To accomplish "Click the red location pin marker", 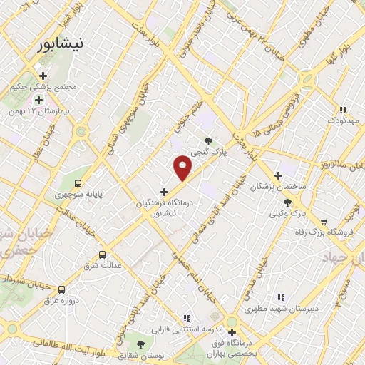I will coord(183,168).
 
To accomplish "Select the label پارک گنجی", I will coord(208,152).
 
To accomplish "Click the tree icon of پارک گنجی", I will coord(208,141).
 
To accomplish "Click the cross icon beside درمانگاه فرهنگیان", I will coord(165,191).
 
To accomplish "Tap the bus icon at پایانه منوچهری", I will coord(77,182).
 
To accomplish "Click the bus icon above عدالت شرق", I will coord(103,254).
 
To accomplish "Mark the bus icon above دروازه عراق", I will coord(62,289).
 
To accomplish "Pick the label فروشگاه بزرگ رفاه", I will coord(324,232).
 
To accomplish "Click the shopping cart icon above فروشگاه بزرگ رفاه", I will coord(324,221).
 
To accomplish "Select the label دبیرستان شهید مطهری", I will coord(280,309).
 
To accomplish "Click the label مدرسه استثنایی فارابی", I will coord(186,329).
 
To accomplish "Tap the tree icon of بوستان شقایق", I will coord(140,344).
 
